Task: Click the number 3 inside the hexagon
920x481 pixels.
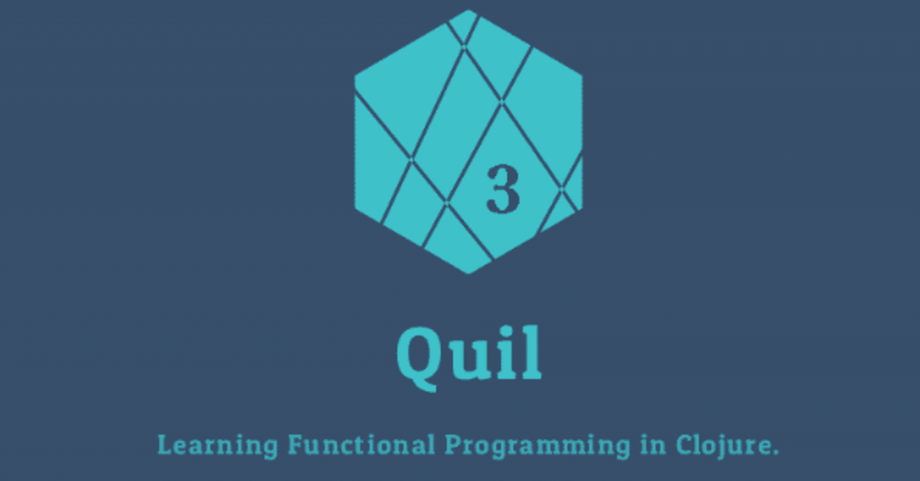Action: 502,189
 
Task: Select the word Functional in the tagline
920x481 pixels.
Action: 361,445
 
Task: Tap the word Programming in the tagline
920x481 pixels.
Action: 536,446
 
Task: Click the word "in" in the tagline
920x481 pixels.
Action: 652,445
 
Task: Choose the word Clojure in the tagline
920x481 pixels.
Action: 721,446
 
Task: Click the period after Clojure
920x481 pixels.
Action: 775,453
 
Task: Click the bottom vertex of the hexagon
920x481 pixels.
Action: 469,273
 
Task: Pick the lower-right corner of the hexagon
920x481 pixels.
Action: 581,209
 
